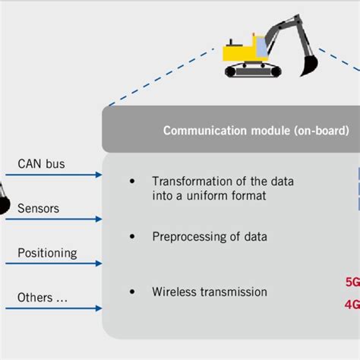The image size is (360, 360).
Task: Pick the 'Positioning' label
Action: pyautogui.click(x=46, y=252)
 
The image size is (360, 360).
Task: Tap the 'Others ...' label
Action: pyautogui.click(x=42, y=297)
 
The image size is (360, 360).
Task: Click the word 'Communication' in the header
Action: pyautogui.click(x=199, y=130)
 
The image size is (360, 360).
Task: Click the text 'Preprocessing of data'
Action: pyautogui.click(x=209, y=236)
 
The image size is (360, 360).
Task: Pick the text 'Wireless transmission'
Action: pyautogui.click(x=209, y=292)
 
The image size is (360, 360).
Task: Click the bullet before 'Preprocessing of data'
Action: pyautogui.click(x=133, y=236)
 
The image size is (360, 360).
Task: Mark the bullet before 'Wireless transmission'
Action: pyautogui.click(x=133, y=292)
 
